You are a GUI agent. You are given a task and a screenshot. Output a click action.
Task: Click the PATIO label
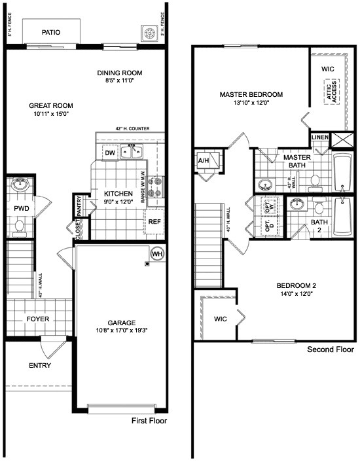pos(51,31)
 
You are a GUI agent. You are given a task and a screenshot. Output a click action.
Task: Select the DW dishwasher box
pos(109,152)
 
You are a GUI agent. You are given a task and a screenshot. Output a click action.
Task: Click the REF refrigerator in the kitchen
pos(154,221)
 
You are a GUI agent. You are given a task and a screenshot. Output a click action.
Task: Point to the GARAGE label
pos(122,323)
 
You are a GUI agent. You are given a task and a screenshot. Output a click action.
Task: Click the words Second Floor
pos(331,350)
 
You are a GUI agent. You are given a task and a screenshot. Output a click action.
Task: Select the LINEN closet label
pos(320,137)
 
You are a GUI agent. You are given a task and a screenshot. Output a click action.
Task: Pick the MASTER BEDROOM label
pos(251,94)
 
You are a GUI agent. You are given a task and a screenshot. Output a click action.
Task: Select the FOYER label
pos(38,319)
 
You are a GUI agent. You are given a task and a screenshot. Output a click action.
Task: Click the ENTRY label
pos(41,365)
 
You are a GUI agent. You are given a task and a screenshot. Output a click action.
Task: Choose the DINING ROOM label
pos(120,73)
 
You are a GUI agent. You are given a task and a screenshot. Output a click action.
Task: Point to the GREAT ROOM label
pos(50,105)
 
